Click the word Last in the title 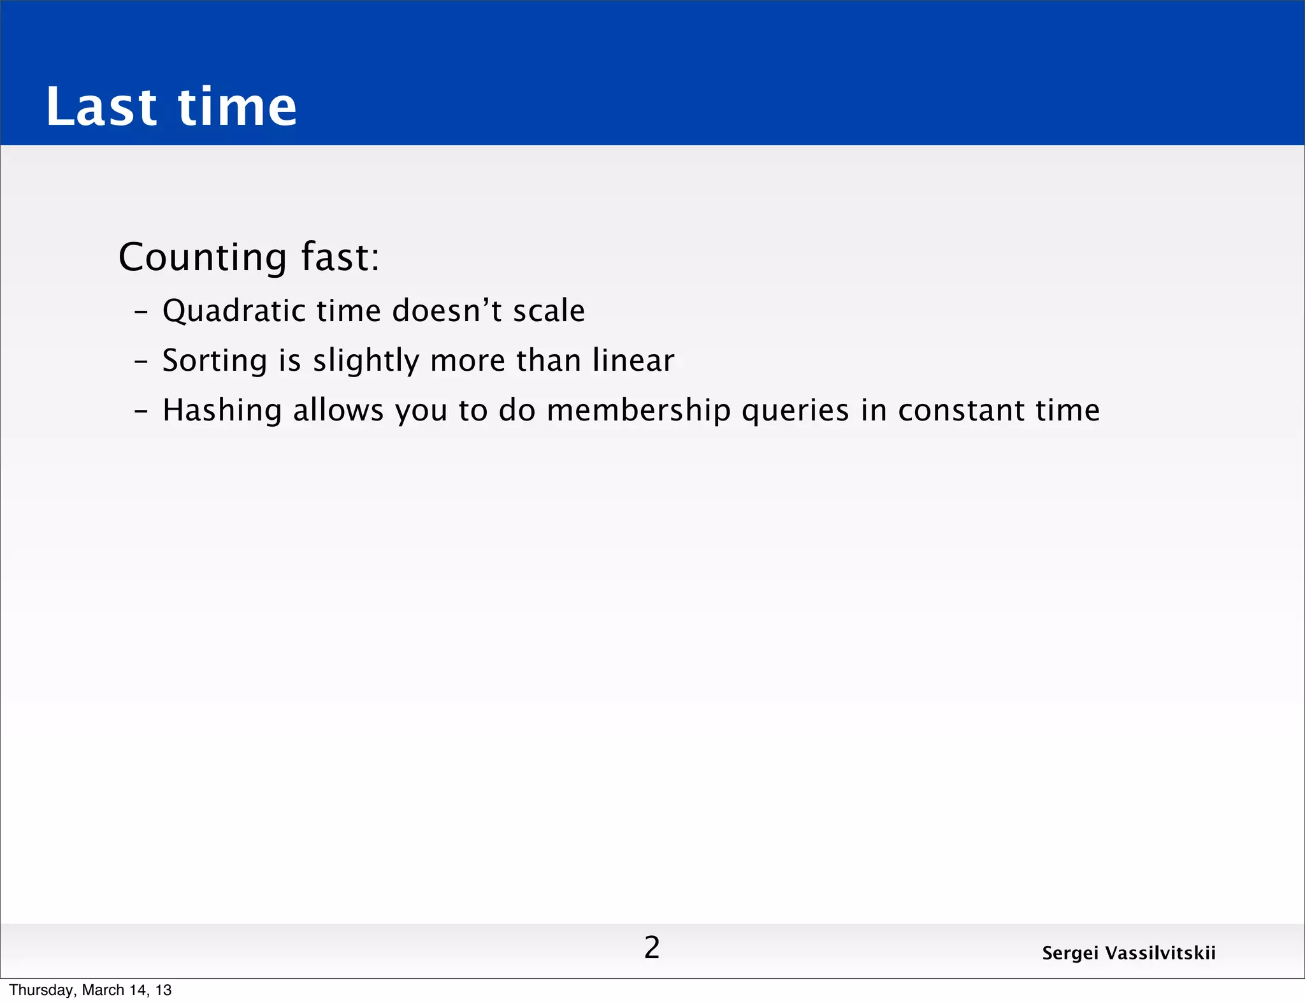101,106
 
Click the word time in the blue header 237,106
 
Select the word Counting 203,257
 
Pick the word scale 549,310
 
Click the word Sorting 215,361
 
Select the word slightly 366,361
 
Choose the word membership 638,411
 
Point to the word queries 795,411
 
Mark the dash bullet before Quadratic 141,312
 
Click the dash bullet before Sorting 141,362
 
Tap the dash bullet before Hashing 141,412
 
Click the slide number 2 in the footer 652,948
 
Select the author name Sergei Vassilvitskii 1128,953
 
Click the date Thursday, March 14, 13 90,990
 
